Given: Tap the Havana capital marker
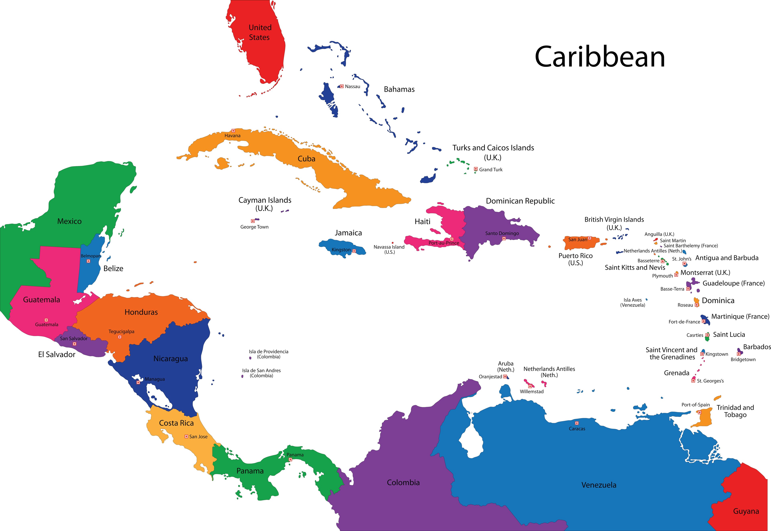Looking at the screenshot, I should [233, 131].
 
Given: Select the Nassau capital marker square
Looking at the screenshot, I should [342, 86].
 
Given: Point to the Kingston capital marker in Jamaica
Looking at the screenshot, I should [354, 251].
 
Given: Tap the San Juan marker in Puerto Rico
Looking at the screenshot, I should [589, 238].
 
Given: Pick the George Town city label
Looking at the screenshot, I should [254, 227].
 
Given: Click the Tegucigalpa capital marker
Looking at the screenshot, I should [120, 337].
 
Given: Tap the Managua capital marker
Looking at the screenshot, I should [138, 382].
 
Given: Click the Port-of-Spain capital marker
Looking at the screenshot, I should [700, 412].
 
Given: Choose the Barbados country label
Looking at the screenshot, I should [757, 347].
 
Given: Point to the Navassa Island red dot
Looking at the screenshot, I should [393, 243].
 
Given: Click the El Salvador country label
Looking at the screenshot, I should [57, 354].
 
